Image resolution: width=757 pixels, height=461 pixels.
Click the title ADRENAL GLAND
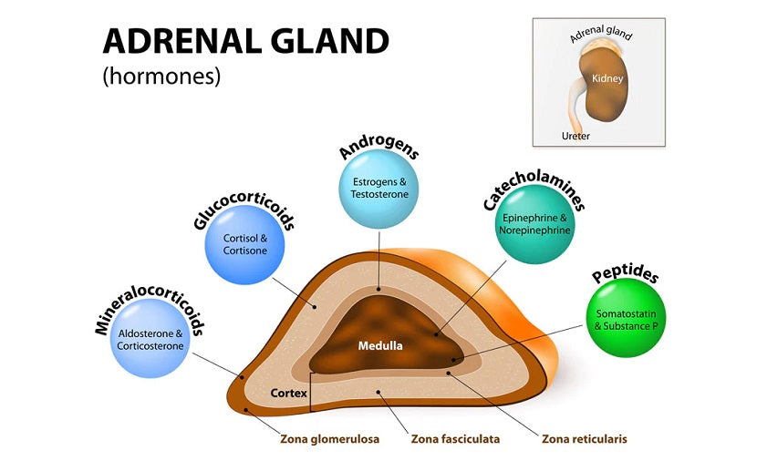[245, 41]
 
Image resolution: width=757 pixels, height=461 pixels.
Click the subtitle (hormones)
[161, 77]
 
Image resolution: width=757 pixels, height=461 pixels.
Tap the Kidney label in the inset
[607, 78]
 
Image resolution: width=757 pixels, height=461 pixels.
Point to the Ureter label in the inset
[576, 136]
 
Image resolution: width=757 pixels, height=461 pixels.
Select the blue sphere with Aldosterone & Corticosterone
[150, 340]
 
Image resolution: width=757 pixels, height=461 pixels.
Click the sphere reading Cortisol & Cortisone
[244, 244]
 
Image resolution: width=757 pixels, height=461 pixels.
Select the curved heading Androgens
[378, 148]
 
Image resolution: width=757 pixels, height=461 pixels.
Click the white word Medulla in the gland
[379, 345]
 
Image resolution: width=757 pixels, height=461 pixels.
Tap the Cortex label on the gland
[288, 393]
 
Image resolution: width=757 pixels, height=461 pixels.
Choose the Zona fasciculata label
[455, 439]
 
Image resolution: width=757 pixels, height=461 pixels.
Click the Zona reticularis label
[585, 439]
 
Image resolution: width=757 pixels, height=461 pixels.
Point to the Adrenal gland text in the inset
[600, 36]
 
